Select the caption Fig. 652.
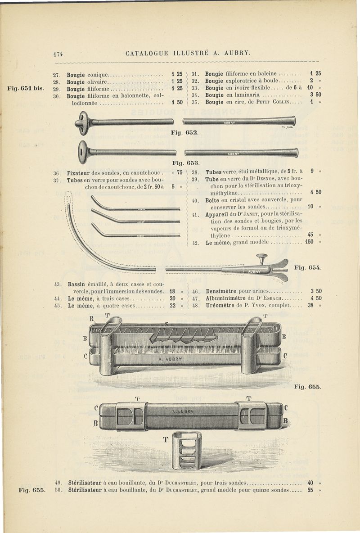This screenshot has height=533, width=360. (184, 133)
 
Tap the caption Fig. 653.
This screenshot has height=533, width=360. (184, 163)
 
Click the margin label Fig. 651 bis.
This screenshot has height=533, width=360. (25, 88)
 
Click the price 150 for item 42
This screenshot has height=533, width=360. (310, 242)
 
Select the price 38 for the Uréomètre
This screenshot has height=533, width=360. (310, 305)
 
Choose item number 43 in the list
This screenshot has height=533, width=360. (57, 284)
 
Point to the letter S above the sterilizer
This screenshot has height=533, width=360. (166, 324)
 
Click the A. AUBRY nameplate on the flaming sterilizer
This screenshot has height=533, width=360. (171, 359)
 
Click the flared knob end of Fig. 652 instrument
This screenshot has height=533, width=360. (84, 123)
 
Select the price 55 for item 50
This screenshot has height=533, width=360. (310, 490)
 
